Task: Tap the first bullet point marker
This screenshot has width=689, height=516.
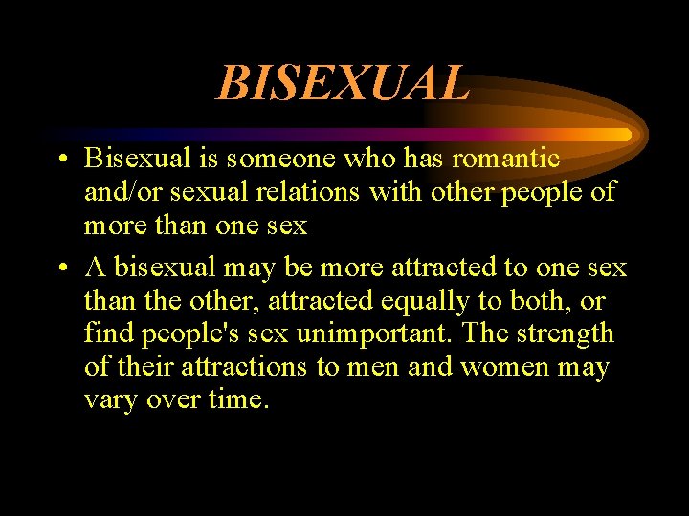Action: tap(59, 160)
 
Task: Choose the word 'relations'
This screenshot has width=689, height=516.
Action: tap(302, 191)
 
